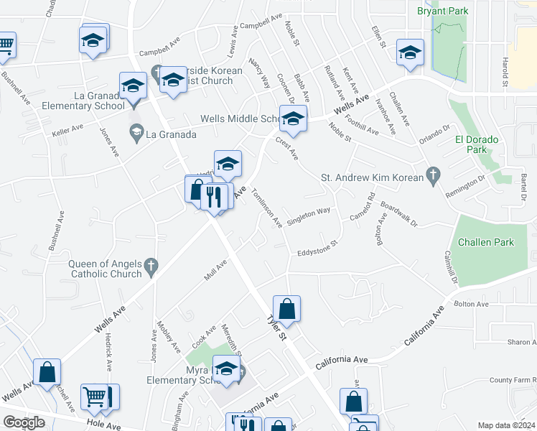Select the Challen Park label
click(x=490, y=242)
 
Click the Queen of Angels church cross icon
click(x=151, y=267)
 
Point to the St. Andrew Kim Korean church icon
click(x=431, y=175)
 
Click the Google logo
click(x=24, y=422)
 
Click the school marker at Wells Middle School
click(x=293, y=120)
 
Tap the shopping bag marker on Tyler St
click(x=286, y=310)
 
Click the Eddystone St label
click(x=317, y=251)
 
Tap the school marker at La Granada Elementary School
click(x=134, y=87)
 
